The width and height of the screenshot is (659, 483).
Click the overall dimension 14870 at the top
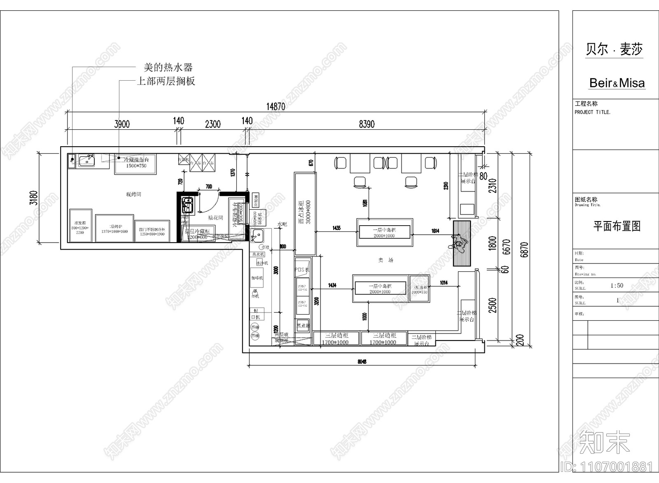[276, 106]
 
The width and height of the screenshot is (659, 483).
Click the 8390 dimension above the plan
[367, 124]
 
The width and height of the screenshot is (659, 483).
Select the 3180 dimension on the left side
[33, 198]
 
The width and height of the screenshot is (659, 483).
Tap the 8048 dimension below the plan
[362, 362]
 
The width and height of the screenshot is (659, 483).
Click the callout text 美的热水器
[168, 67]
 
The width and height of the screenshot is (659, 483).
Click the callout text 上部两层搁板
[166, 81]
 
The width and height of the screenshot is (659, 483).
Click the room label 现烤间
[133, 194]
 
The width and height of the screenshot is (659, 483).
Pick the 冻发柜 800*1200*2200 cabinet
[80, 224]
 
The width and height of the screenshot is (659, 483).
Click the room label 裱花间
[215, 217]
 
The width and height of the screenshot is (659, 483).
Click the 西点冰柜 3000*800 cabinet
[305, 213]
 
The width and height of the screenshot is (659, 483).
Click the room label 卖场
[386, 260]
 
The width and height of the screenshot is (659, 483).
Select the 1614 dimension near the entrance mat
[435, 231]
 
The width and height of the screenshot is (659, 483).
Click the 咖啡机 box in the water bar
[257, 278]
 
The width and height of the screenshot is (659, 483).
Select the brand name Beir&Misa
[617, 83]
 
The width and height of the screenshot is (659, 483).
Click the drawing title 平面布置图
[617, 226]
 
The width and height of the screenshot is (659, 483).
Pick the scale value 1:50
[617, 285]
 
